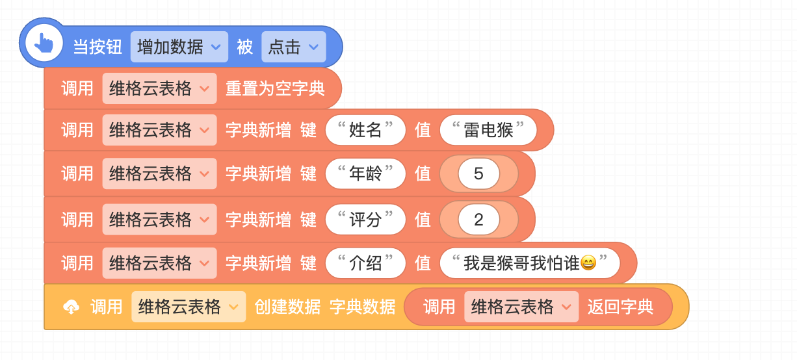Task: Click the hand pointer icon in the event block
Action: point(44,44)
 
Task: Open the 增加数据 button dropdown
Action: point(179,47)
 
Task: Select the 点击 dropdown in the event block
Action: point(293,47)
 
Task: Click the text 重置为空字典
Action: point(275,88)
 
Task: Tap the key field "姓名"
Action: point(365,131)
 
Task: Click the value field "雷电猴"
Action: point(488,131)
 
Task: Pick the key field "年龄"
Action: point(365,174)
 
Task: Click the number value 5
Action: point(478,174)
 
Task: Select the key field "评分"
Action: point(365,220)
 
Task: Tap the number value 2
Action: point(478,220)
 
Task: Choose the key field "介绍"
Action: point(365,263)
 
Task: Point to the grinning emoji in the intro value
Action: point(588,264)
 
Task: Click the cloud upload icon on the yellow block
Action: point(71,307)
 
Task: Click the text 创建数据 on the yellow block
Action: point(287,307)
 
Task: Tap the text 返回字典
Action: point(620,307)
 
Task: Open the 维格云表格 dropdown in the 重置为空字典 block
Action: point(159,88)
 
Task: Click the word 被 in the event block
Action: point(244,47)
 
